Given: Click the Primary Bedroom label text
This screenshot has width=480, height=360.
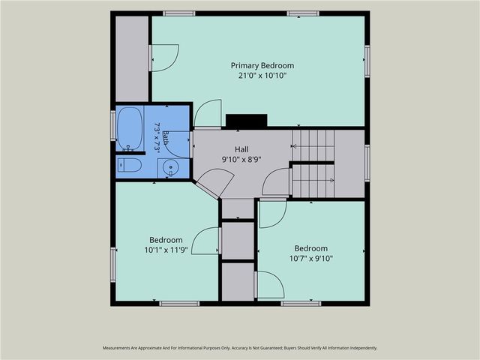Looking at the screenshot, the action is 262,65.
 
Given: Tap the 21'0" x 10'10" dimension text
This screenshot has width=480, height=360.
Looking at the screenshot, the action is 262,76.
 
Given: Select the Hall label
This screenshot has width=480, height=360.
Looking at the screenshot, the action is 241,149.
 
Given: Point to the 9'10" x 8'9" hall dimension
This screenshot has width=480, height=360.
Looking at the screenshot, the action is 241,160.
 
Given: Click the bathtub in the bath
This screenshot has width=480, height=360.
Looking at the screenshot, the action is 130,128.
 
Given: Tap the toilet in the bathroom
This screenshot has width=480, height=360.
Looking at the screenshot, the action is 130,165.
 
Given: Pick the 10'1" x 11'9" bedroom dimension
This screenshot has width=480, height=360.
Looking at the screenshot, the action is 166,250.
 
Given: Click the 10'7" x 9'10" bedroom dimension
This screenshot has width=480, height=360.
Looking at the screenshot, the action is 311,259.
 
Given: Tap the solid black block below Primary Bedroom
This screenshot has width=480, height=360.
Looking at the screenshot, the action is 247,120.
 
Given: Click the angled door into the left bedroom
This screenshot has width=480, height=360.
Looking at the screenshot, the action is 214,183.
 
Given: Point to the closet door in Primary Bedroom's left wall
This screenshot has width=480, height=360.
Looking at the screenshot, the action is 163,58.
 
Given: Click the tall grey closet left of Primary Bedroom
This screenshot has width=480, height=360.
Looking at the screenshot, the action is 132,58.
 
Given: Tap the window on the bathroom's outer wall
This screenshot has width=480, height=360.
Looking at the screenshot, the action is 113,126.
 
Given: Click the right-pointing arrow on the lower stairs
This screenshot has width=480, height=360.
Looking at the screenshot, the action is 331,181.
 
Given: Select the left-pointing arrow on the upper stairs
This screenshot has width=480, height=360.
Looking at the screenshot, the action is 295,147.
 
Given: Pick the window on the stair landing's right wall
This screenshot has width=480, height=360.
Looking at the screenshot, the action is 367,163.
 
